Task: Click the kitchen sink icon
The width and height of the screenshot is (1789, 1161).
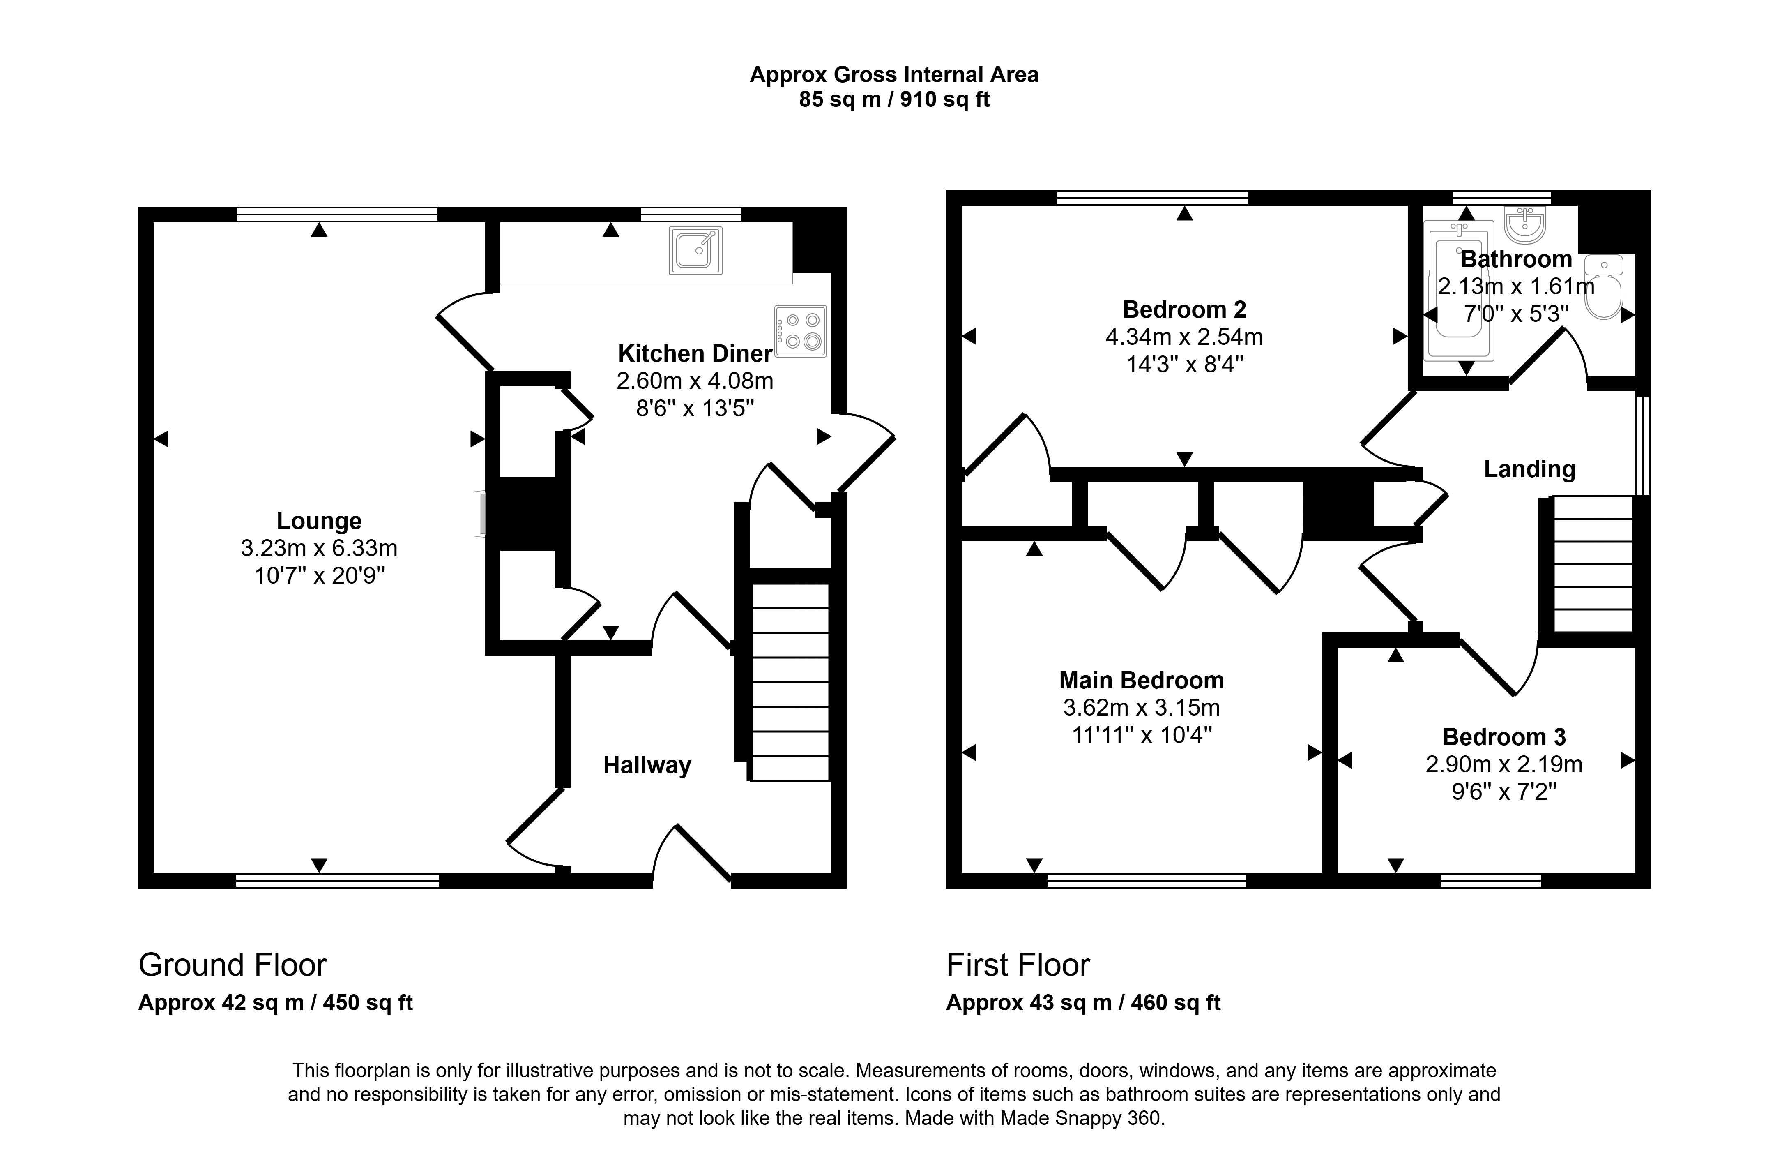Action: [695, 249]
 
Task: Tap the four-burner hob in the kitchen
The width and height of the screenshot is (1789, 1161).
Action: [801, 331]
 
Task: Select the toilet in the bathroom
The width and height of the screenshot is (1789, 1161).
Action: [1603, 287]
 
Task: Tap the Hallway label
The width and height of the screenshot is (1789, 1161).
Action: [647, 766]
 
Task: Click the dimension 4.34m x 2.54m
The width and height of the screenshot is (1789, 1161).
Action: [1184, 337]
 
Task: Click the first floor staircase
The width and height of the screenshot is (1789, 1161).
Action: [1593, 564]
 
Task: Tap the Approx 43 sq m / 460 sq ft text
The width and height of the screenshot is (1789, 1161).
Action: [1083, 1003]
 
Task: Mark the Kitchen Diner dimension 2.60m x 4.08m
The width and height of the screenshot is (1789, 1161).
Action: [695, 381]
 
